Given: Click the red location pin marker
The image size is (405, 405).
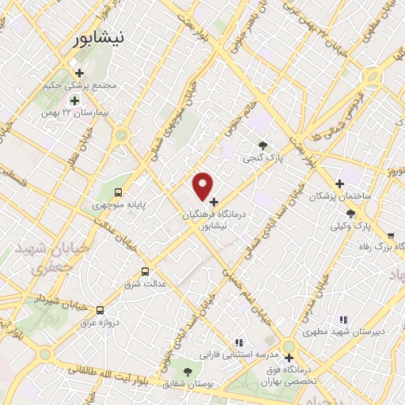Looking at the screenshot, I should click(x=203, y=186).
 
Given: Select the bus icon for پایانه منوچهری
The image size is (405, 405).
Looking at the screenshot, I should click(x=118, y=191).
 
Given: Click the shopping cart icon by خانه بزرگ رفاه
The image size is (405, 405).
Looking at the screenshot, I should click(x=391, y=235).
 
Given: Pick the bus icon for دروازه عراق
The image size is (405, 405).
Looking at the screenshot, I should click(x=100, y=310).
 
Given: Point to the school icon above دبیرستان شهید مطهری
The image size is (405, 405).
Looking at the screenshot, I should click(x=343, y=320).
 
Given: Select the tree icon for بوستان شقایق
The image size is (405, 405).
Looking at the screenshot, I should click(x=187, y=371).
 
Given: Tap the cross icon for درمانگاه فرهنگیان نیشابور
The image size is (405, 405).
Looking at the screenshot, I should click(x=214, y=202).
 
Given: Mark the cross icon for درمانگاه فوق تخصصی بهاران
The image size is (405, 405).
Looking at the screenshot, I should click(x=290, y=358).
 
